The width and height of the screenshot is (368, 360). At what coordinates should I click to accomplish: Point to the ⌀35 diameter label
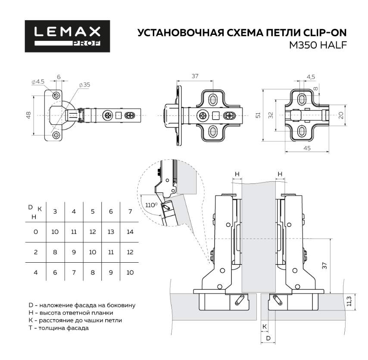84,85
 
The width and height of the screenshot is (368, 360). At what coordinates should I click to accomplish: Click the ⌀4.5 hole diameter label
38,81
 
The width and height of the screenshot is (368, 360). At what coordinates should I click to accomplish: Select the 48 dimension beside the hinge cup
28,115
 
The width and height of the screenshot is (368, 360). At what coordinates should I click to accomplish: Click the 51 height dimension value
258,115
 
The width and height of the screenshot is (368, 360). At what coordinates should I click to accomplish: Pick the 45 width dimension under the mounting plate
307,148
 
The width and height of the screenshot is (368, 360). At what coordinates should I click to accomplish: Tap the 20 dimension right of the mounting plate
340,115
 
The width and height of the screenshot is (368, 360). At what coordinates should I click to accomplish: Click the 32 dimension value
271,115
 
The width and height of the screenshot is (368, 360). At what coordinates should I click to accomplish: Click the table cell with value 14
130,232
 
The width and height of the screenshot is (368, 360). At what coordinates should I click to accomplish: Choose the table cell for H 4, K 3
55,272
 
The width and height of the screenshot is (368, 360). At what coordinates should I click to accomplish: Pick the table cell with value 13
111,232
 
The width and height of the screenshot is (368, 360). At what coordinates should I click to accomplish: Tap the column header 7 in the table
130,211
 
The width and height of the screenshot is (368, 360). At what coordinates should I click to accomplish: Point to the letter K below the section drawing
264,326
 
